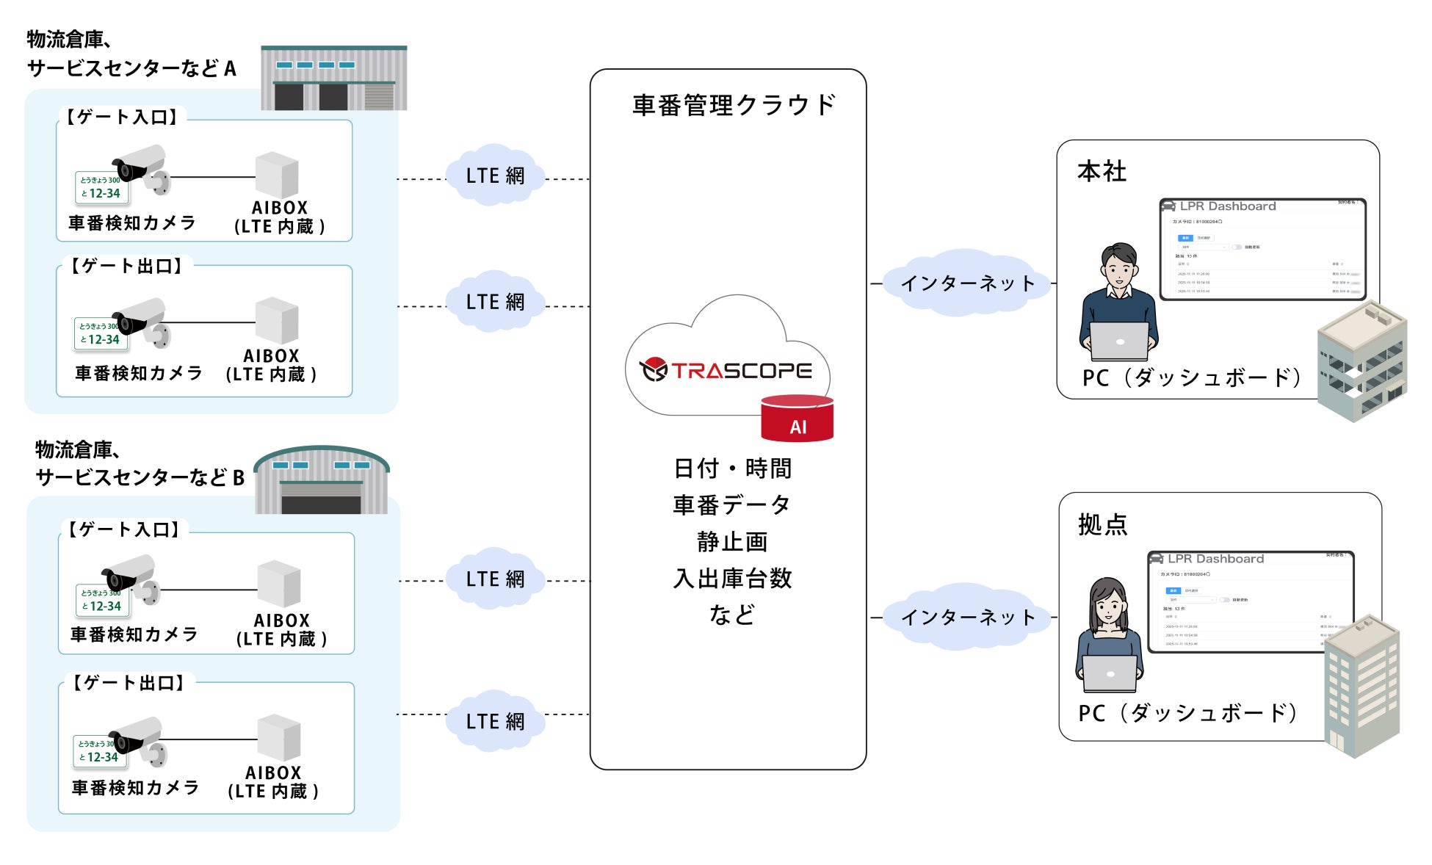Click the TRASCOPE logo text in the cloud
[742, 371]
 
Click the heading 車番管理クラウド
[734, 105]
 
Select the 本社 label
[1102, 172]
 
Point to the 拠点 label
[1102, 524]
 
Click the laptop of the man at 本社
[1118, 341]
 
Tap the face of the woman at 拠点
[1109, 609]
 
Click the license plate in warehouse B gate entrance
[102, 600]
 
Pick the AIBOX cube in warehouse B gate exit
[279, 737]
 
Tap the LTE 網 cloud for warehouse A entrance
[496, 176]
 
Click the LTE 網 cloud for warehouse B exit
[496, 721]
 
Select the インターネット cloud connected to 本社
[967, 283]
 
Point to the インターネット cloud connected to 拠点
[967, 617]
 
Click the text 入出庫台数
[732, 579]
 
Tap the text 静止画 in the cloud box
[732, 542]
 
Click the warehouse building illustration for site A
[334, 79]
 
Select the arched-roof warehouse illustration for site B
[322, 480]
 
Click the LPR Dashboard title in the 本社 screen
[1228, 206]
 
